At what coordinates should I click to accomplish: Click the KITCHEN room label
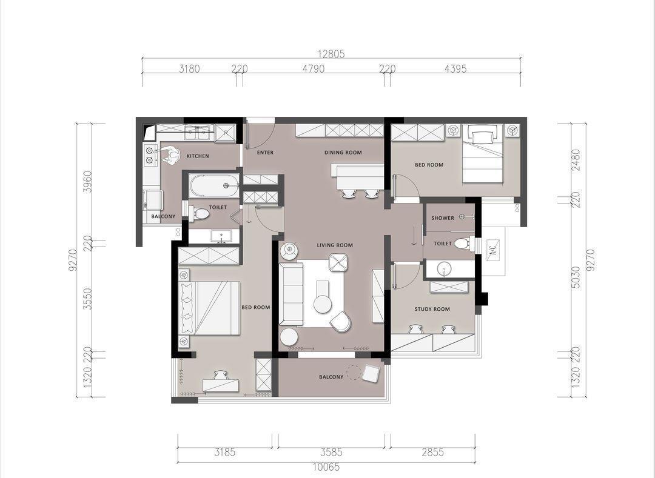click(198, 156)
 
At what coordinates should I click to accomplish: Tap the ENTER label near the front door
click(265, 153)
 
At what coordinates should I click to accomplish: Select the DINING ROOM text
click(343, 153)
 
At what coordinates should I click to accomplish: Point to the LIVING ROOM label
click(335, 245)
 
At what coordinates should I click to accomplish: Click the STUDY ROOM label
click(432, 309)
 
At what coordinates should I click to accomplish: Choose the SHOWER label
click(443, 218)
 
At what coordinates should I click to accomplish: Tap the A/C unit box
click(493, 250)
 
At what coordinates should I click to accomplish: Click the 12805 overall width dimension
click(331, 54)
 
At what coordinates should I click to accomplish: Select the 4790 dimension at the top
click(314, 69)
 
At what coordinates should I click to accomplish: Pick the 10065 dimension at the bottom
click(326, 467)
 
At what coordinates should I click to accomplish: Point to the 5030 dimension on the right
click(576, 277)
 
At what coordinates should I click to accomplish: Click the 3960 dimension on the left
click(87, 181)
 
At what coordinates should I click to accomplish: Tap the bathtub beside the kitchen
click(213, 185)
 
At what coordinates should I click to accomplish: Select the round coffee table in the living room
click(323, 304)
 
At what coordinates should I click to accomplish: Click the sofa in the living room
click(292, 294)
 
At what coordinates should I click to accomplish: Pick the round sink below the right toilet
click(444, 269)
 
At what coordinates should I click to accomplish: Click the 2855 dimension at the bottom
click(432, 452)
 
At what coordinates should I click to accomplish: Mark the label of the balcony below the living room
click(331, 377)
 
